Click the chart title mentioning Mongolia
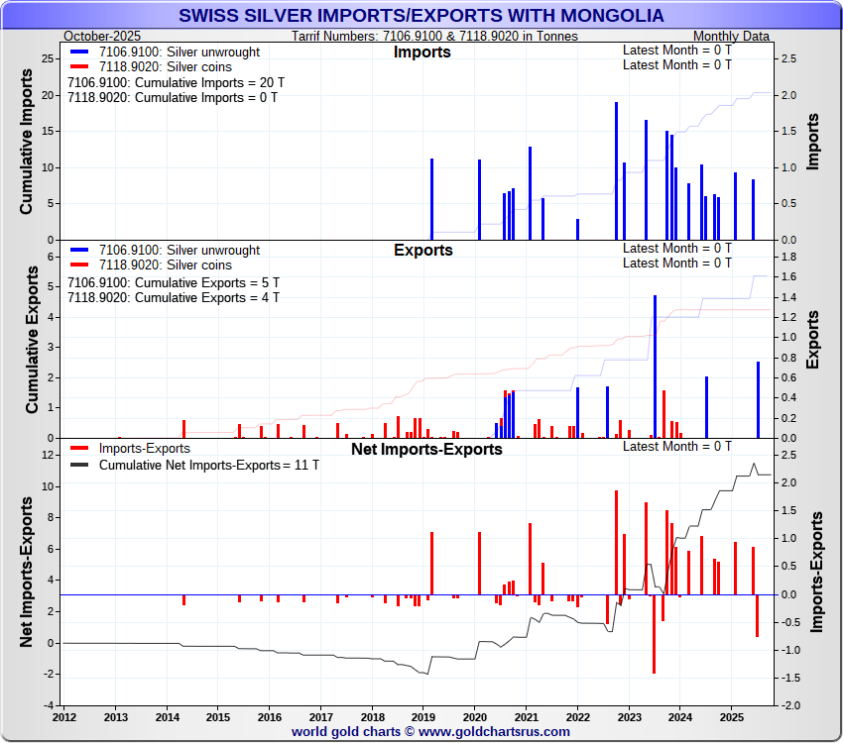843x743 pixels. click(x=421, y=16)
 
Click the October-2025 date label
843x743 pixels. click(x=102, y=36)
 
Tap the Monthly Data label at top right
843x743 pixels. click(x=731, y=36)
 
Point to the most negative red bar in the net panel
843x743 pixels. click(x=654, y=634)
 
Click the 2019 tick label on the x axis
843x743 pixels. click(x=423, y=716)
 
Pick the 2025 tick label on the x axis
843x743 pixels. click(x=731, y=716)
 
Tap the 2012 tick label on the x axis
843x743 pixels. click(x=64, y=716)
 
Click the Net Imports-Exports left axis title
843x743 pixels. click(x=28, y=573)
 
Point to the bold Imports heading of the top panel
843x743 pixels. click(x=422, y=52)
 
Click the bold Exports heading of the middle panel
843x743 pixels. click(x=423, y=250)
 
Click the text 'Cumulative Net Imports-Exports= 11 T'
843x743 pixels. click(x=209, y=465)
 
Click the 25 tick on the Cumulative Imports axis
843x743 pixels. click(x=48, y=58)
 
